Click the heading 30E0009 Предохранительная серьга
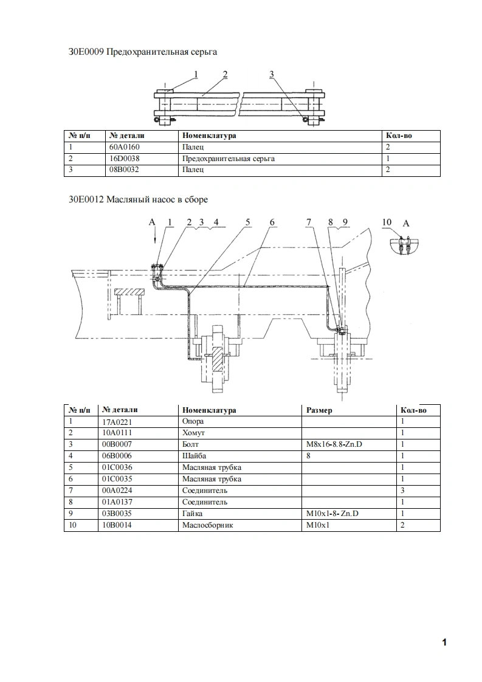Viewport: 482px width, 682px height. (143, 52)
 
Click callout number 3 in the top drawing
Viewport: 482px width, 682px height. (272, 74)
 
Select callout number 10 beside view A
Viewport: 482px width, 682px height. (387, 222)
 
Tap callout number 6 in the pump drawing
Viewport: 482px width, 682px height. (272, 222)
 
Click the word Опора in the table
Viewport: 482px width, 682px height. (193, 421)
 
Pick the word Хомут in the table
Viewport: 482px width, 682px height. (194, 433)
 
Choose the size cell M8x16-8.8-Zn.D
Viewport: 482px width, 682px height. (335, 444)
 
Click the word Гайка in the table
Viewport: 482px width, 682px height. (193, 514)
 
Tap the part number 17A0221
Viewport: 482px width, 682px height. (117, 421)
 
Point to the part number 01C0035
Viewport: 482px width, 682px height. (117, 479)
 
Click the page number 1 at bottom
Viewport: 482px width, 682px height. (444, 642)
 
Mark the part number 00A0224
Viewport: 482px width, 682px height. (117, 491)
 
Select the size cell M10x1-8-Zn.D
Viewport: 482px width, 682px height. (333, 514)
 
